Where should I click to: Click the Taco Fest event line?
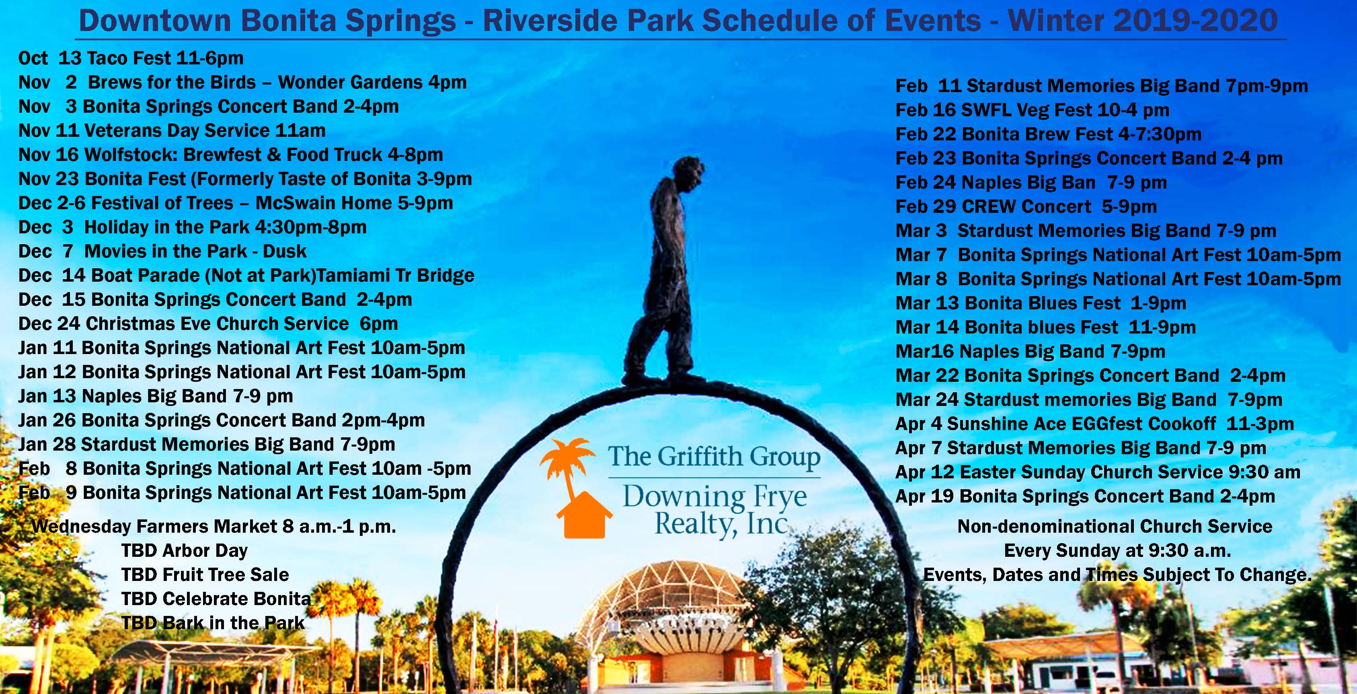[x=131, y=58]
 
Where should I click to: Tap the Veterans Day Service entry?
[x=172, y=131]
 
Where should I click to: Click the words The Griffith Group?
[x=714, y=456]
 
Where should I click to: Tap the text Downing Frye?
[x=714, y=496]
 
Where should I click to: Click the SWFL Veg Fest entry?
[x=1032, y=110]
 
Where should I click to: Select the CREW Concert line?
[x=1026, y=206]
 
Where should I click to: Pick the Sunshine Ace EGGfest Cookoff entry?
[x=1094, y=424]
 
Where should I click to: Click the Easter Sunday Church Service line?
[x=1097, y=472]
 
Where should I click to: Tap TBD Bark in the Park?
[x=213, y=623]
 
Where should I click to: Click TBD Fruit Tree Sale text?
[x=205, y=575]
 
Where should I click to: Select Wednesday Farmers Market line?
[x=214, y=526]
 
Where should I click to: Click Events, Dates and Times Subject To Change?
[x=1117, y=575]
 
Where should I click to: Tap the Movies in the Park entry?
[x=162, y=251]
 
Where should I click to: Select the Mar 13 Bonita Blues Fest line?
[x=1041, y=303]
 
